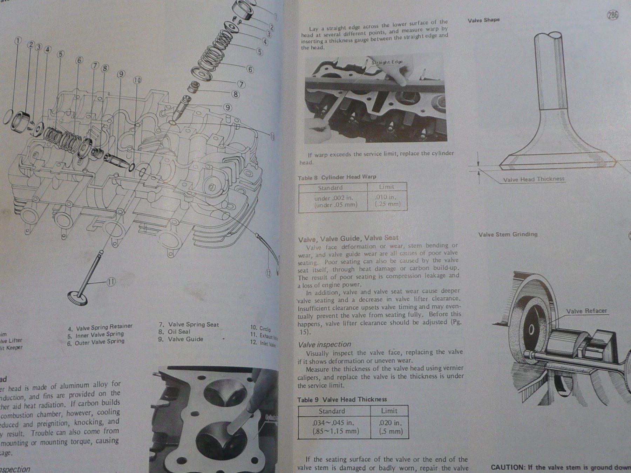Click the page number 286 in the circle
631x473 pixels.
pos(613,15)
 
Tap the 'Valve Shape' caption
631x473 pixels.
pos(483,20)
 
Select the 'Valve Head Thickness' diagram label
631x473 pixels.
pos(534,179)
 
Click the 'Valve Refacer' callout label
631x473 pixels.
pos(586,311)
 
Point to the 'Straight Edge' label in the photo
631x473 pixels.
pos(387,62)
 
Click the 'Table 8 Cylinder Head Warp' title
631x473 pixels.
pos(337,177)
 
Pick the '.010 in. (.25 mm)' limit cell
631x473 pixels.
pos(387,201)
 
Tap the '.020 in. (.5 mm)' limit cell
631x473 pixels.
pos(389,427)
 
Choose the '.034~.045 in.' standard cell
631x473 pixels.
pos(334,427)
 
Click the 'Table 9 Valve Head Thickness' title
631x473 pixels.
pos(342,399)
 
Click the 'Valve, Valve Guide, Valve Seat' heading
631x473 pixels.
pos(348,239)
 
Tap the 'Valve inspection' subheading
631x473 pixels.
pos(324,344)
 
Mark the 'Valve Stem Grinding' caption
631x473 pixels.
pos(508,234)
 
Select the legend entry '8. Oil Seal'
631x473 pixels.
pos(174,331)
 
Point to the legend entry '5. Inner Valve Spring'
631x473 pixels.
pos(96,335)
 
